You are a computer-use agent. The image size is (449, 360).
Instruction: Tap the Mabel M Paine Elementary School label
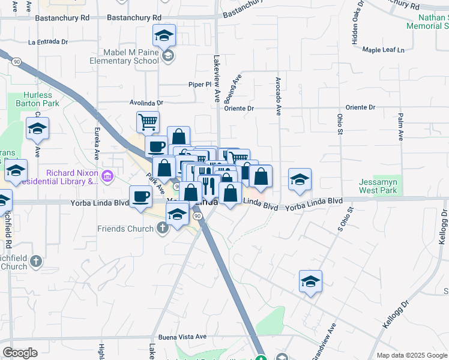pyautogui.click(x=124, y=57)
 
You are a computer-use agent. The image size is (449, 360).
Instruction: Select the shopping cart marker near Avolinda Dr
pyautogui.click(x=148, y=122)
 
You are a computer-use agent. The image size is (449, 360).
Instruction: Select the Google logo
pyautogui.click(x=20, y=353)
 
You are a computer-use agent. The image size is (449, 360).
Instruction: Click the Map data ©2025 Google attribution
pyautogui.click(x=411, y=355)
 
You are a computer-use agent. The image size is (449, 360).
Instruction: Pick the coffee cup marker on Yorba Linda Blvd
pyautogui.click(x=141, y=197)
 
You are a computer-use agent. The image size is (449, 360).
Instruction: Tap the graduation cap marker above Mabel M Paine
pyautogui.click(x=164, y=35)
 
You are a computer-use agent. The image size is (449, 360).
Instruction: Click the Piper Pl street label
pyautogui.click(x=200, y=85)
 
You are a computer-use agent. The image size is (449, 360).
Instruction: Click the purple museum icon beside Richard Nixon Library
pyautogui.click(x=107, y=176)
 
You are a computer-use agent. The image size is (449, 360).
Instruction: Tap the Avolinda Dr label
pyautogui.click(x=147, y=103)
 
